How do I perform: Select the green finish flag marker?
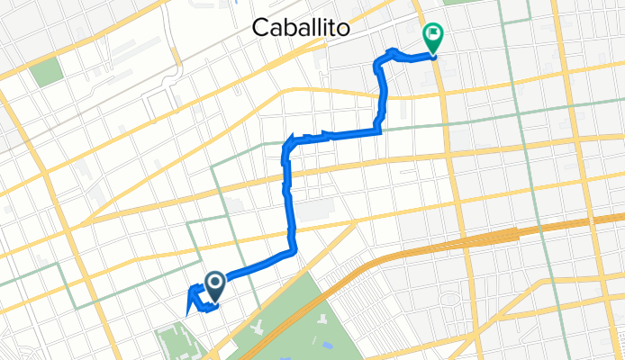point(433,36)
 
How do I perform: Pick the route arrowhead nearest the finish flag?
point(391,51)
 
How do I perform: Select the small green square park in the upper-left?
point(44,71)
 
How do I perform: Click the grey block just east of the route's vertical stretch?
point(312,211)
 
